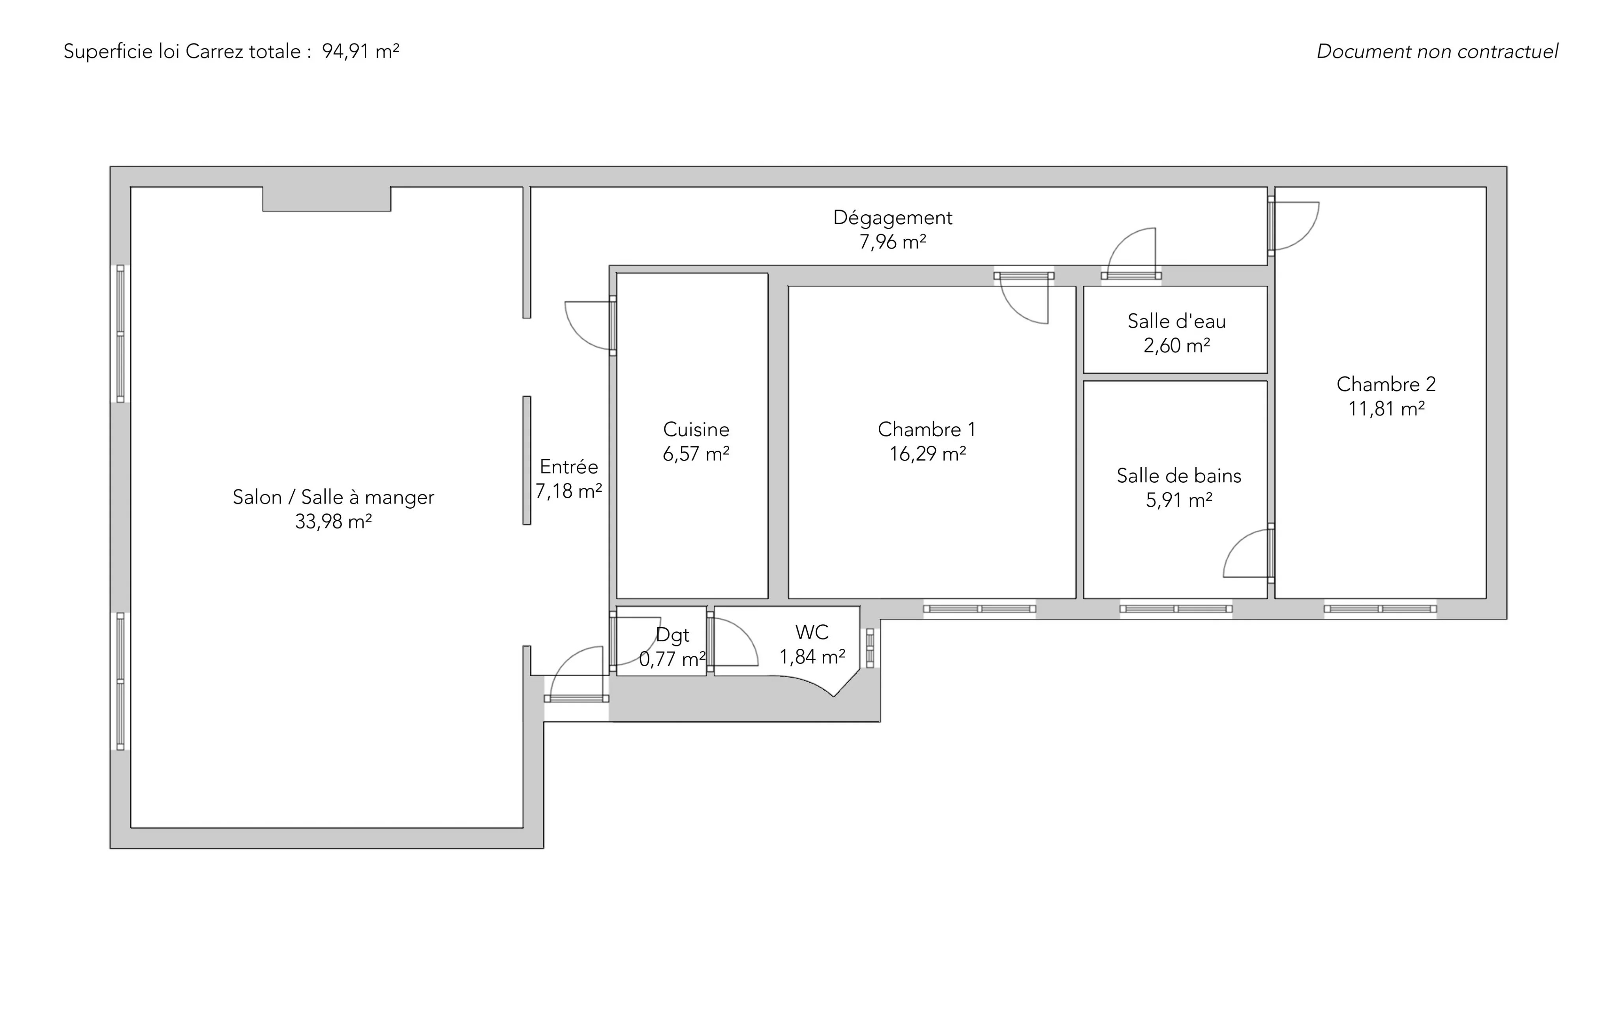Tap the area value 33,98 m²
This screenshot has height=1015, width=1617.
tap(333, 522)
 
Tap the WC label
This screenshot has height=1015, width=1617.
tap(812, 632)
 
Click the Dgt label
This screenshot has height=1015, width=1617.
tap(672, 635)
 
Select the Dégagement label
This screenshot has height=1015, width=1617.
tap(893, 217)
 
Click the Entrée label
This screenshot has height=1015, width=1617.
tap(569, 466)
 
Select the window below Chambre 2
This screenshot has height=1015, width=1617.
tap(1380, 609)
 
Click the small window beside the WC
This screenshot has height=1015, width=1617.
tap(870, 648)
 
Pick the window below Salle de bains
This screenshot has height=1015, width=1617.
tap(1176, 609)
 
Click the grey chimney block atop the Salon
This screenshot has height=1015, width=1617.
tap(326, 199)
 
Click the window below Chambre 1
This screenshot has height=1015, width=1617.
tap(979, 609)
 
